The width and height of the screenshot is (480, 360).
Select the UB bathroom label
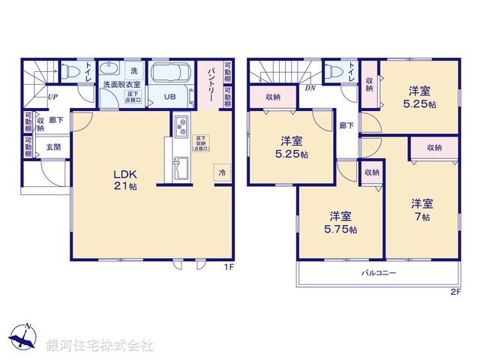(x=169, y=97)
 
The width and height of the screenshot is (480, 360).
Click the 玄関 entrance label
(x=53, y=147)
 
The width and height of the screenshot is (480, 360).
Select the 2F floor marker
(x=455, y=291)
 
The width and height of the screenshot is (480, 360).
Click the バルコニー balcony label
(x=381, y=273)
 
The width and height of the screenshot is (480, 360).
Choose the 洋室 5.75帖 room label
(x=341, y=223)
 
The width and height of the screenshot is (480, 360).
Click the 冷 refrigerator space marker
(x=222, y=172)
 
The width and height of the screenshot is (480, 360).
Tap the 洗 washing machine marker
(x=134, y=70)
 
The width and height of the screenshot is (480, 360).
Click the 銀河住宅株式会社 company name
(x=100, y=346)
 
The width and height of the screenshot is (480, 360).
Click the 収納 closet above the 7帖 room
(x=434, y=148)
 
